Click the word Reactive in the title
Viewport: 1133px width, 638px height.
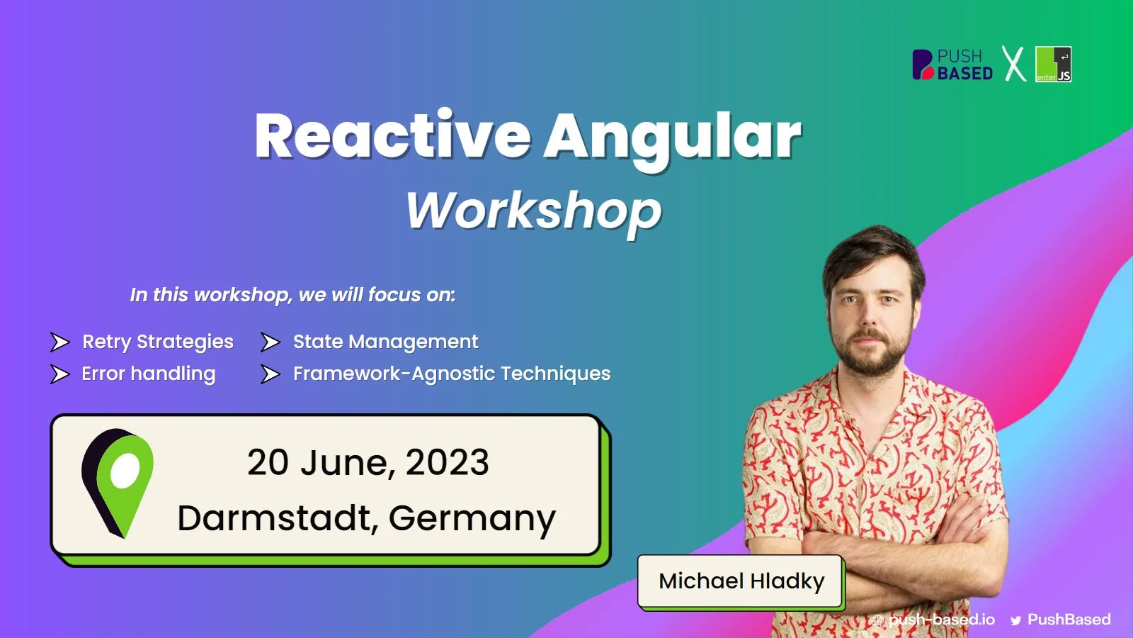pyautogui.click(x=393, y=135)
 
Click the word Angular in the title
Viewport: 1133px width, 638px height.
pyautogui.click(x=673, y=142)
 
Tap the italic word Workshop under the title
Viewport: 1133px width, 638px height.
pyautogui.click(x=534, y=212)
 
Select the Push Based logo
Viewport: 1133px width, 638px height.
pyautogui.click(x=952, y=65)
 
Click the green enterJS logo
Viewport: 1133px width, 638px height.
pyautogui.click(x=1053, y=65)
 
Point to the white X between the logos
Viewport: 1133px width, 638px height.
pyautogui.click(x=1013, y=64)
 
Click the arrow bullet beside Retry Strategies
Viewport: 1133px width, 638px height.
pyautogui.click(x=59, y=342)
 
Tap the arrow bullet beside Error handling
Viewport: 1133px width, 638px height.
pyautogui.click(x=59, y=374)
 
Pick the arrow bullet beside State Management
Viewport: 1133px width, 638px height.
pyautogui.click(x=270, y=342)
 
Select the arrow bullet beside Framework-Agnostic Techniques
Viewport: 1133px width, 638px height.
pyautogui.click(x=270, y=374)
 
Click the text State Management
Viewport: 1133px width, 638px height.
pyautogui.click(x=385, y=342)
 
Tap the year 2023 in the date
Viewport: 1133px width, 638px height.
pyautogui.click(x=447, y=462)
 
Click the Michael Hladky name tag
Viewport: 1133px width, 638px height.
pyautogui.click(x=740, y=581)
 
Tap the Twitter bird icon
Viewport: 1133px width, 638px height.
pyautogui.click(x=1015, y=621)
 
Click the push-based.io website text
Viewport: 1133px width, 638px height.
pyautogui.click(x=941, y=620)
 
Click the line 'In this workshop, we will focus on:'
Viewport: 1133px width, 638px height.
pyautogui.click(x=293, y=295)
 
